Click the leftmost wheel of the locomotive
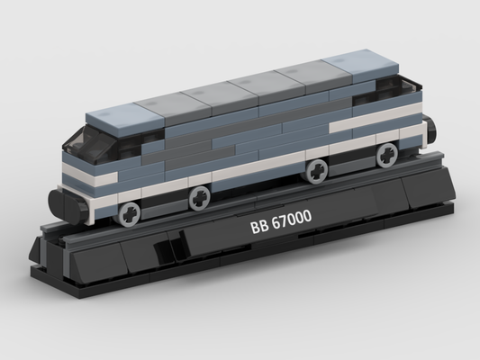coord(130,215)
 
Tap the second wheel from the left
coord(200,198)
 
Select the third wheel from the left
coord(317,172)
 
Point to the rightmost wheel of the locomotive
coord(387,156)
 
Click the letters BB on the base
coord(259,227)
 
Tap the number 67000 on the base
coord(292,219)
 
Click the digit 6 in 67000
coord(276,222)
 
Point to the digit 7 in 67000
coord(285,220)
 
